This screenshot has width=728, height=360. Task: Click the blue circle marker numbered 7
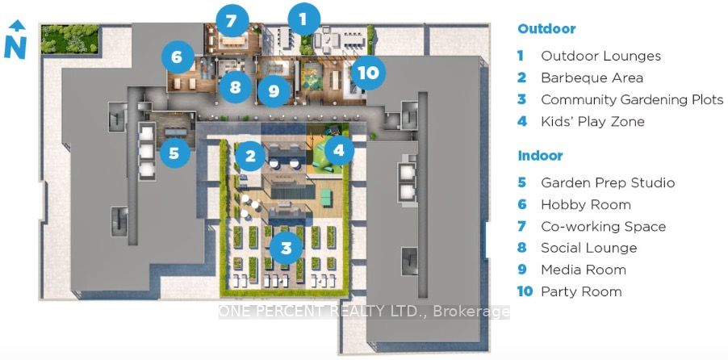tap(232, 20)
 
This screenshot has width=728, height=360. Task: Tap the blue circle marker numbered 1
tap(303, 19)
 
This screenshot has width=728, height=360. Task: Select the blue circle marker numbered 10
tap(368, 73)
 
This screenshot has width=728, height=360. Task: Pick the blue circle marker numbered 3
tap(287, 248)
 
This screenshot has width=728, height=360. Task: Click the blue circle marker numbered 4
tap(338, 150)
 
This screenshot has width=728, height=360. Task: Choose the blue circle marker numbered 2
tap(250, 156)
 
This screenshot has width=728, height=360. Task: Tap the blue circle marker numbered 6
tap(178, 57)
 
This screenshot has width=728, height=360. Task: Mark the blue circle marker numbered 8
tap(236, 86)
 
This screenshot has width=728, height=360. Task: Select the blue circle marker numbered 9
tap(274, 90)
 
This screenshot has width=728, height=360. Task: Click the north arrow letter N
tap(15, 48)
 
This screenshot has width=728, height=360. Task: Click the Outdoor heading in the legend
tap(546, 29)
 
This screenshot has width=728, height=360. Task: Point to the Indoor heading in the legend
tap(540, 156)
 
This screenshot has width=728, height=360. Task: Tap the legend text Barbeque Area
tap(592, 78)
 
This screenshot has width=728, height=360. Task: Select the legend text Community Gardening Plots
tap(632, 100)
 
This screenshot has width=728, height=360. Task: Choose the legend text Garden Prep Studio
tap(608, 182)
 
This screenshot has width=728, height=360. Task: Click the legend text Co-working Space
tap(604, 227)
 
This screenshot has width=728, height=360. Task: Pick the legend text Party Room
tap(581, 291)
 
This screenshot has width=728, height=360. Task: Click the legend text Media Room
tap(584, 270)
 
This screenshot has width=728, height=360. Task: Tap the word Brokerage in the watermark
tap(471, 312)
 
